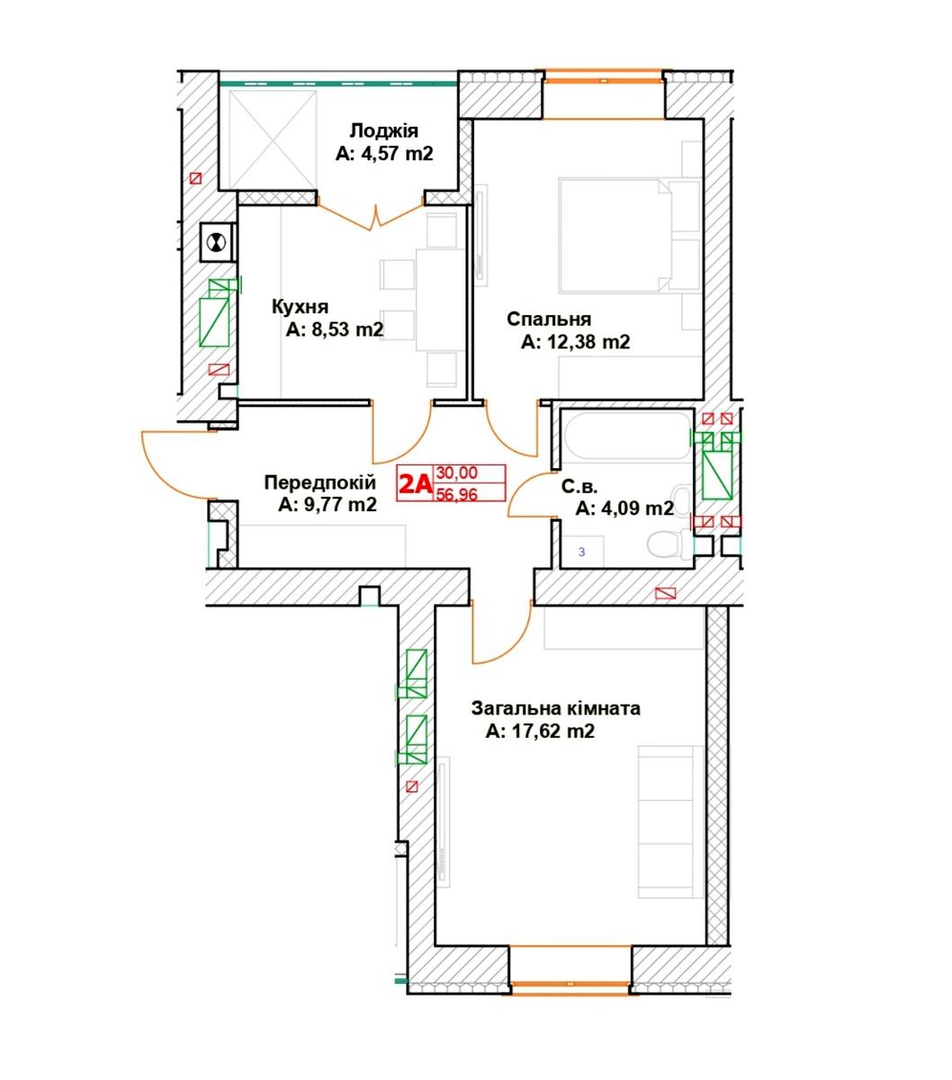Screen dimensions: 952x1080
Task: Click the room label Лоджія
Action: (x=384, y=131)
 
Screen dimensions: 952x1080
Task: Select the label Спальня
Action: (x=549, y=319)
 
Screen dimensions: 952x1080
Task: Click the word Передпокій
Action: (x=320, y=482)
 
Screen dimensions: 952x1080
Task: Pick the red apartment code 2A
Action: (x=415, y=483)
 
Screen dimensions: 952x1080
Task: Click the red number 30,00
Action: (x=457, y=472)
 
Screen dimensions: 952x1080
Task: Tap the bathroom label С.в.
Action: (x=579, y=486)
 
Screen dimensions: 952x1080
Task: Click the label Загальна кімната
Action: (x=555, y=708)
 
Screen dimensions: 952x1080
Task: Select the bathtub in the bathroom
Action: (x=628, y=436)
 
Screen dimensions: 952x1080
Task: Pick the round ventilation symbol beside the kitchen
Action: (x=216, y=243)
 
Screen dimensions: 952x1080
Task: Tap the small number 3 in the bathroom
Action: (x=581, y=553)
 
